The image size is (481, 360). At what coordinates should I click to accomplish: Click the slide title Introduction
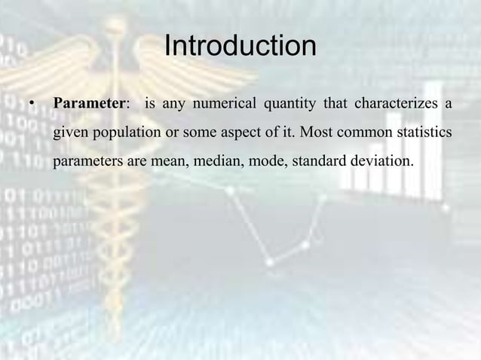coord(240,47)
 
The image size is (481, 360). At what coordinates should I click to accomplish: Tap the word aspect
coord(257,133)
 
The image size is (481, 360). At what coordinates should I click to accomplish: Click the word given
coord(69,133)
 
